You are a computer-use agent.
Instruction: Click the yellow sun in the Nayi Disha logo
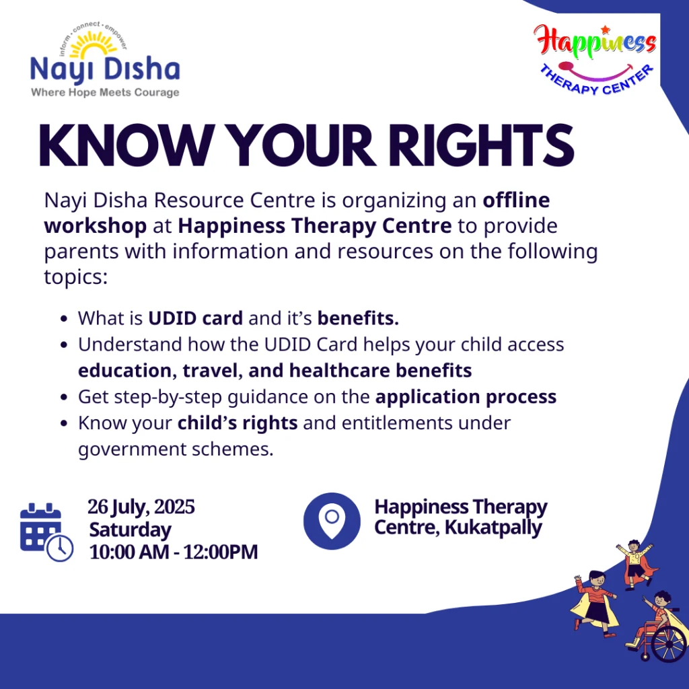[x=93, y=45]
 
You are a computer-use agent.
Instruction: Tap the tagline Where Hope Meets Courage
[x=105, y=92]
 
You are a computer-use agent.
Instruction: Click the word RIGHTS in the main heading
[x=481, y=145]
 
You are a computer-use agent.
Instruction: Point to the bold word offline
[x=516, y=201]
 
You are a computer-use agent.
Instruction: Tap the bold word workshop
[x=96, y=227]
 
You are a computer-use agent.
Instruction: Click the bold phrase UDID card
[x=196, y=318]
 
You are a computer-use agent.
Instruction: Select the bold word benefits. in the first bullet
[x=358, y=318]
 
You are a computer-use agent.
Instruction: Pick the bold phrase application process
[x=466, y=397]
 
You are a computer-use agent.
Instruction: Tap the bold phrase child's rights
[x=238, y=423]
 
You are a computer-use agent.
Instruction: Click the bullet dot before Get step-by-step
[x=64, y=397]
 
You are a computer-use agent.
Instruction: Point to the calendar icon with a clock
[x=46, y=532]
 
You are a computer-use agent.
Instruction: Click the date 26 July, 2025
[x=141, y=507]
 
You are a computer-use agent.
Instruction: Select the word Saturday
[x=130, y=530]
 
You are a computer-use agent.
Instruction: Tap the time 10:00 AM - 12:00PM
[x=174, y=552]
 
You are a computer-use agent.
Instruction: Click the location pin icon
[x=332, y=521]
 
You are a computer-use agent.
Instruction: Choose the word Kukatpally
[x=493, y=528]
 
